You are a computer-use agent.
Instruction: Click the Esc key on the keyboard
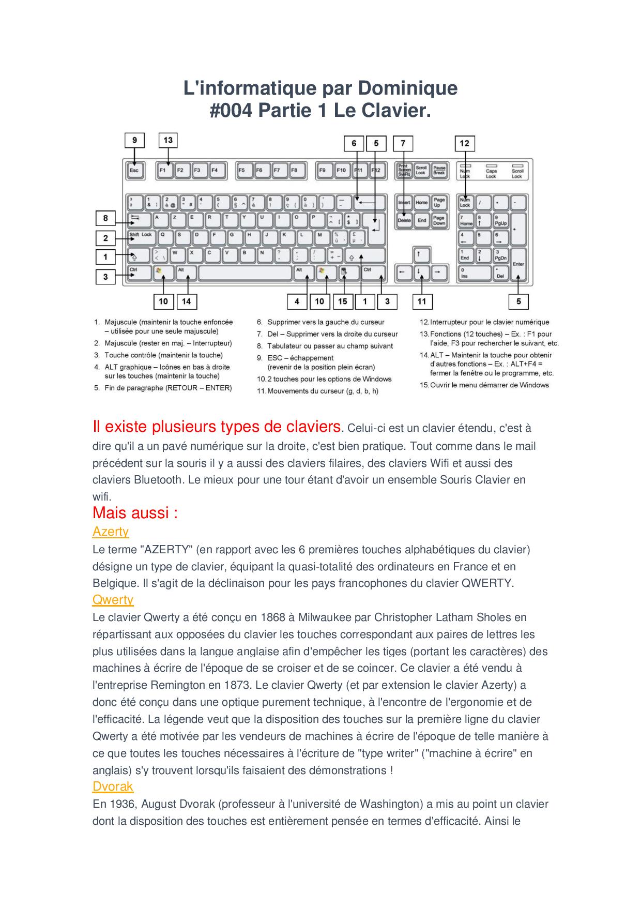(134, 170)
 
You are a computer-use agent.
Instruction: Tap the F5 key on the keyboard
(242, 170)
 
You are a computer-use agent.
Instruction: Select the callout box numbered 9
(134, 140)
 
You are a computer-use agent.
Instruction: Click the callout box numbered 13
(168, 140)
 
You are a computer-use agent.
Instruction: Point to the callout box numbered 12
(464, 143)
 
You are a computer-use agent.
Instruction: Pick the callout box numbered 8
(105, 218)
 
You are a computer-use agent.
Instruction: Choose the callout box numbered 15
(342, 301)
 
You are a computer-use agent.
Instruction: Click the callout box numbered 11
(422, 301)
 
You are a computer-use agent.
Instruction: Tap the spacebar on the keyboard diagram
(245, 273)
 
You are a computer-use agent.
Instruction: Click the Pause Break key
(439, 170)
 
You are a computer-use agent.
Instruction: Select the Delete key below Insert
(404, 220)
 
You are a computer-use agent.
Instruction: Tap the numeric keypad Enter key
(518, 264)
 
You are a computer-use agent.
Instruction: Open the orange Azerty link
(111, 532)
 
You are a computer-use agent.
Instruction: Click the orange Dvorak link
(113, 787)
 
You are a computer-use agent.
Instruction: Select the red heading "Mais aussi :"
(135, 513)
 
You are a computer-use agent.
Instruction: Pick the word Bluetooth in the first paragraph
(158, 479)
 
